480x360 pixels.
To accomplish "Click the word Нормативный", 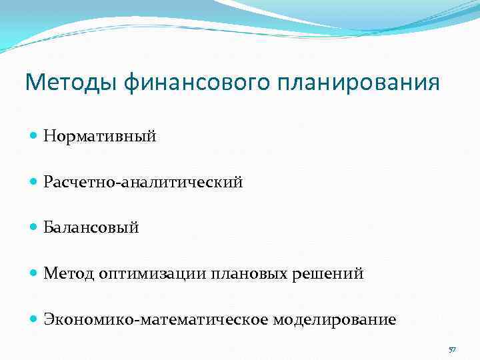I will tap(100, 137).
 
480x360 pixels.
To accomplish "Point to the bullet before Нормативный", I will tap(35, 137).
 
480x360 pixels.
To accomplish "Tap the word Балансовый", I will tap(91, 228).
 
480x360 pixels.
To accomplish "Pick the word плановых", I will tap(249, 273).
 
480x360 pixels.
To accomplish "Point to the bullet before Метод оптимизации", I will tap(35, 273).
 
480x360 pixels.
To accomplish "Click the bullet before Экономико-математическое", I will tap(35, 319).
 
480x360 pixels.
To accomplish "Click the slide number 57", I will tap(452, 350).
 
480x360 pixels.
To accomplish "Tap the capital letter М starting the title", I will tap(34, 83).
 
